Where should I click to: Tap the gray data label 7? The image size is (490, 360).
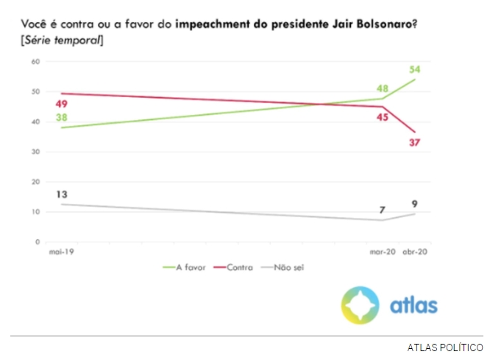383,209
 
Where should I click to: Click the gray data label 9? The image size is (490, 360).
415,204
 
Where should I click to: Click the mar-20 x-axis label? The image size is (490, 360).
381,252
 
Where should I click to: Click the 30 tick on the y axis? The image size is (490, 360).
35,152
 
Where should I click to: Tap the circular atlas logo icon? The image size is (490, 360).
360,305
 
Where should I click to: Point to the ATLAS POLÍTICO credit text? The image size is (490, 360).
445,347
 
